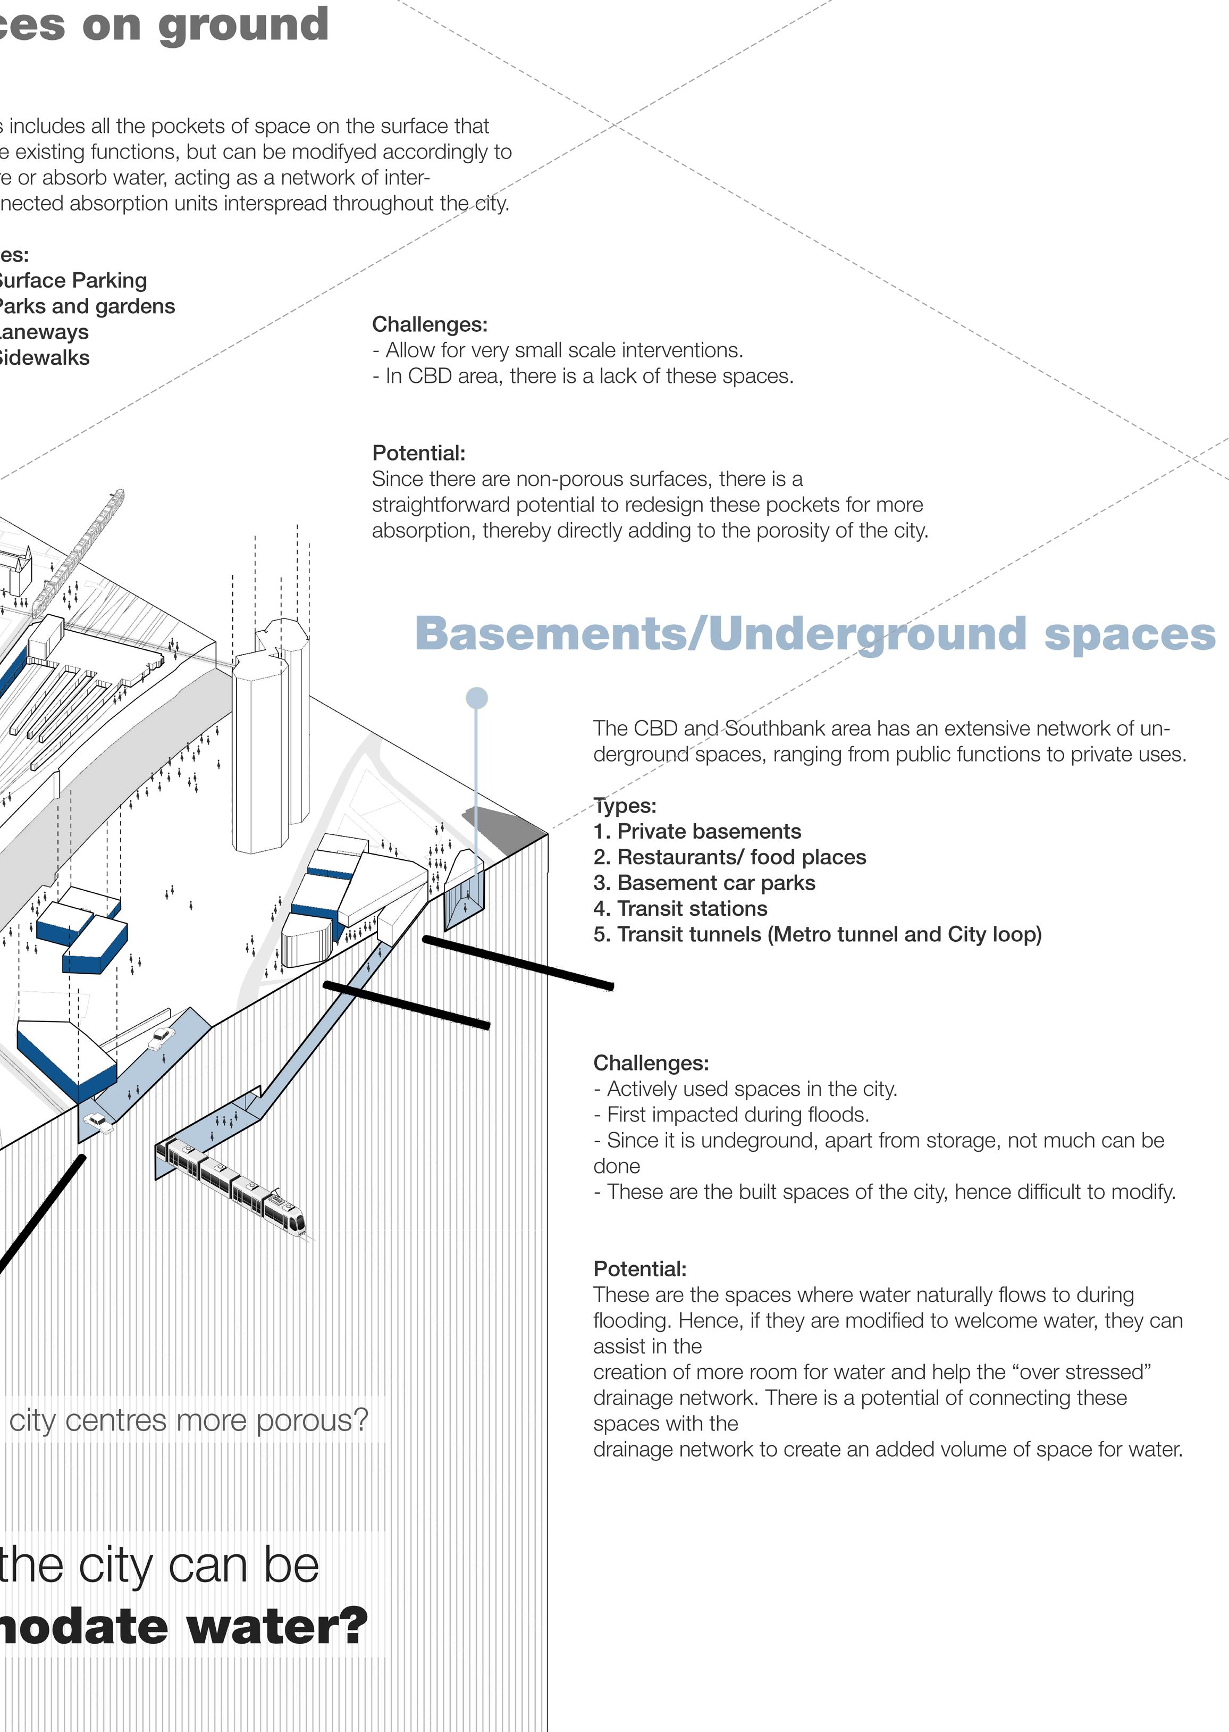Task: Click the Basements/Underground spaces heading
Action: point(814,634)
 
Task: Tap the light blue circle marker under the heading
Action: point(476,698)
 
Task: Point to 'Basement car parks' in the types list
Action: point(716,883)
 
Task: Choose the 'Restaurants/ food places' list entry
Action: point(741,857)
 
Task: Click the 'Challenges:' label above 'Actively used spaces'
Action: point(651,1063)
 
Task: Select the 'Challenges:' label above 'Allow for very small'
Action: point(430,324)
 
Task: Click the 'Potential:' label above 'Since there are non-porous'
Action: point(418,453)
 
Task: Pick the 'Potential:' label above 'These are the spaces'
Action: point(639,1269)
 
